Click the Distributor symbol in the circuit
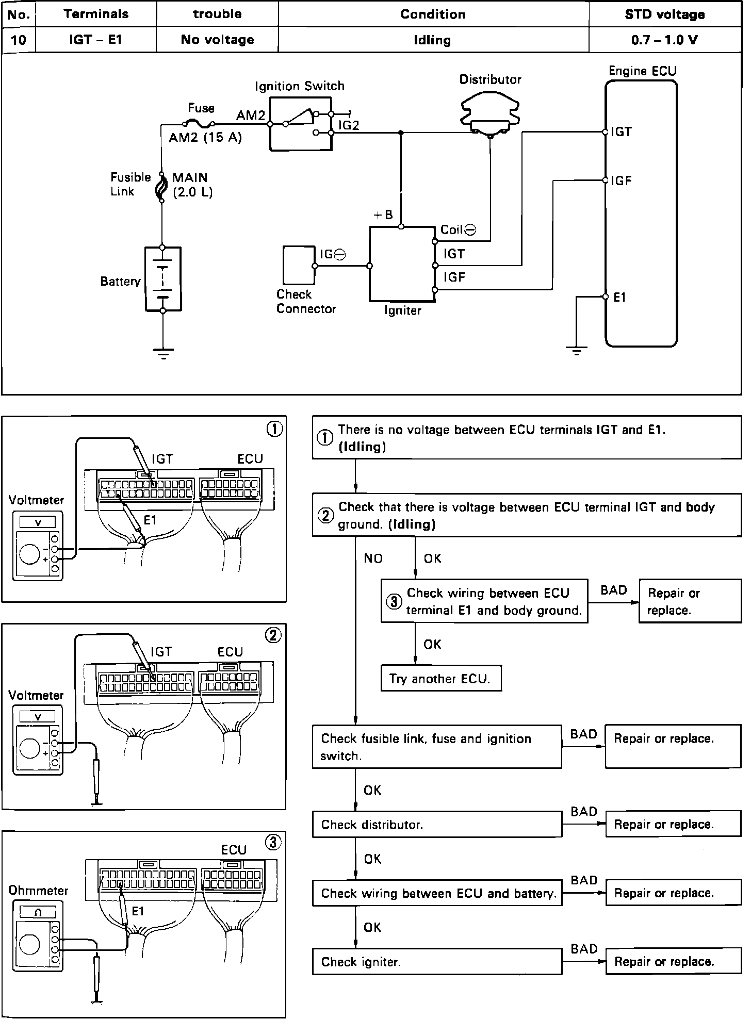click(x=489, y=113)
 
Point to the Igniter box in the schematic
click(x=402, y=264)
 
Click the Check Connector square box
click(x=299, y=266)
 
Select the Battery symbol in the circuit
click(x=163, y=279)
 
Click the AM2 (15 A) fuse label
click(x=205, y=138)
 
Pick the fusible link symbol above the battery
click(x=161, y=187)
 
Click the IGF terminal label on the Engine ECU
click(x=621, y=181)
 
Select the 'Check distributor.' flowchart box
click(x=437, y=824)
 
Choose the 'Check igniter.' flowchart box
click(x=437, y=962)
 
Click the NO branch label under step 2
click(x=373, y=558)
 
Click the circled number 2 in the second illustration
click(x=273, y=636)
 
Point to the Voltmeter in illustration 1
click(x=38, y=546)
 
